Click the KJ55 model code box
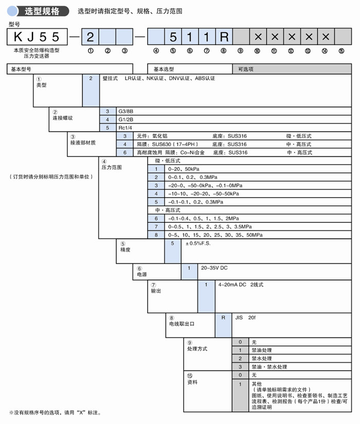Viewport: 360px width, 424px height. [39, 37]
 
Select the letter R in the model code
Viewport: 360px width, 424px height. [224, 37]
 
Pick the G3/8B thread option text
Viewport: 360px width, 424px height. [126, 111]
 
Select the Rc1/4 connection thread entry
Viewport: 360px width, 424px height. [125, 128]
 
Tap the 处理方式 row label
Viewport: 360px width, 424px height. [197, 349]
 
